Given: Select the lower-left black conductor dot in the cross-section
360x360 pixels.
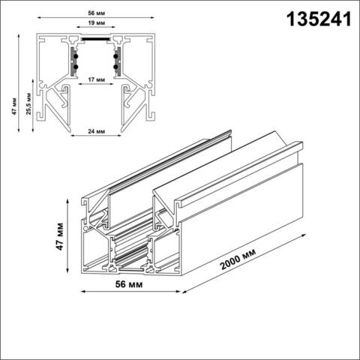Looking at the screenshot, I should pos(74,68).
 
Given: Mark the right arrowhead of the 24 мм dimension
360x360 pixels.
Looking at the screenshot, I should pos(117,137).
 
